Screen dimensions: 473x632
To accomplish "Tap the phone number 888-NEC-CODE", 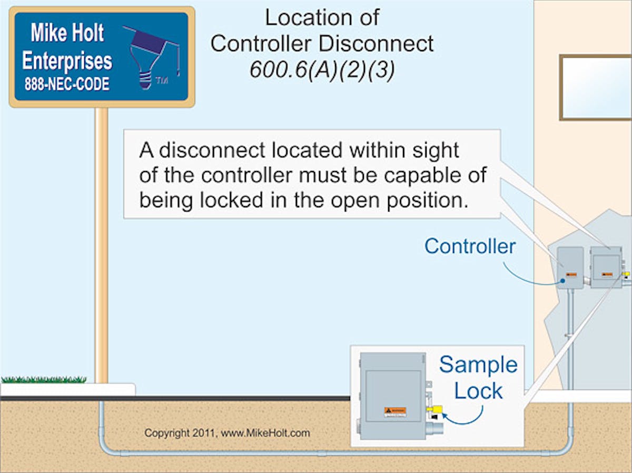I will [x=67, y=84].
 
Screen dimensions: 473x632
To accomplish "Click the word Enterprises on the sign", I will [x=67, y=61].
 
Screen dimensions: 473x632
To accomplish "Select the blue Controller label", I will [x=470, y=246].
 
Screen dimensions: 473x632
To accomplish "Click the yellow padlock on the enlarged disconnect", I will [x=436, y=409].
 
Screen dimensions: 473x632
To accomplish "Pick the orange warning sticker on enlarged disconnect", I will [x=395, y=411].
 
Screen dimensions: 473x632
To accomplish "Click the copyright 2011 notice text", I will [x=227, y=434].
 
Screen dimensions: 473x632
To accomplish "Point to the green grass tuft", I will [x=44, y=379].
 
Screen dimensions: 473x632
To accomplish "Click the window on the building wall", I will [x=595, y=87].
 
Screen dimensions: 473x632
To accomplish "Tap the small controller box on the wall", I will [x=570, y=267].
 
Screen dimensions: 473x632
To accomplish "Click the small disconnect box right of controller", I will [x=605, y=267].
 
